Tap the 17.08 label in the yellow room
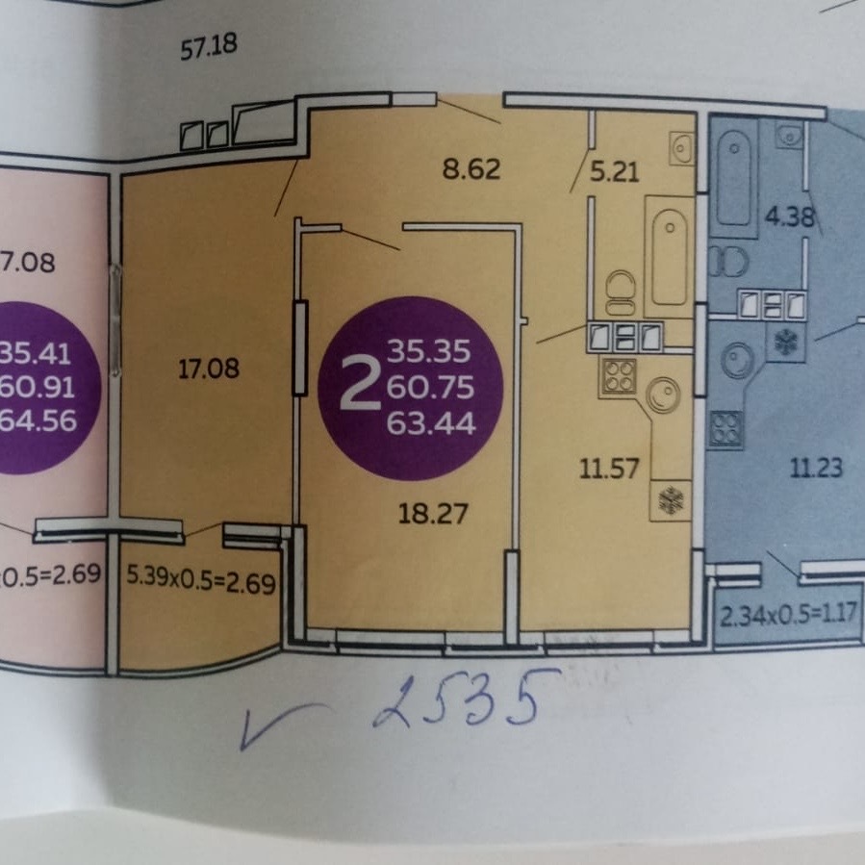coord(207,368)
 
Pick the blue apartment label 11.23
coord(815,470)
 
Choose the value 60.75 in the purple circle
coord(431,386)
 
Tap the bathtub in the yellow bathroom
coord(671,257)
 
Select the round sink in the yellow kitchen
coord(663,393)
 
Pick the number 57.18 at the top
coord(209,47)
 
